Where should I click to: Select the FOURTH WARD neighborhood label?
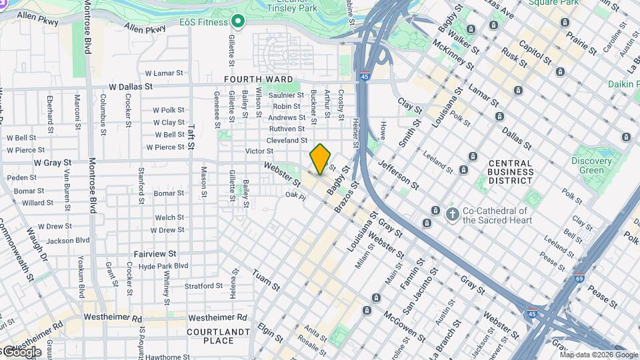tap(258, 79)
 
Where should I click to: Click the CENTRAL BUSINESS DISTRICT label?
tap(511, 171)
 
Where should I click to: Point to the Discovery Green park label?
tap(591, 165)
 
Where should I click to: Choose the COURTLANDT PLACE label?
tap(210, 336)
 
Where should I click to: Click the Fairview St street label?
tap(154, 254)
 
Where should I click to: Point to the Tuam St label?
tap(266, 280)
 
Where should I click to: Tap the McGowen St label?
tap(403, 325)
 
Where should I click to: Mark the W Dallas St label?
tap(131, 87)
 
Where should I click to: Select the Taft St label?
tap(191, 137)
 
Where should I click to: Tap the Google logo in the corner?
tap(21, 351)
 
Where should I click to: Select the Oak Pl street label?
tap(295, 196)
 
